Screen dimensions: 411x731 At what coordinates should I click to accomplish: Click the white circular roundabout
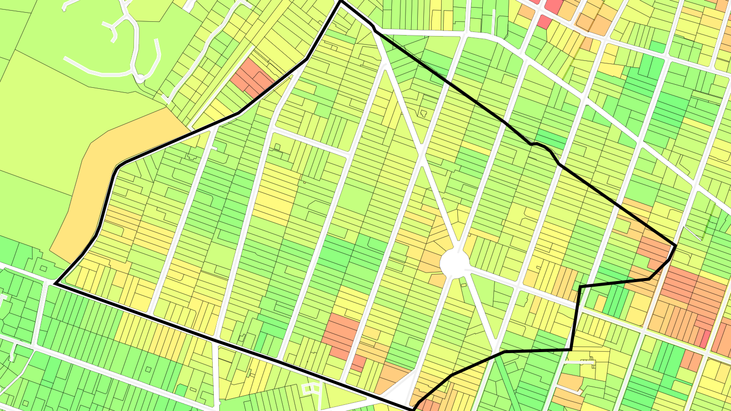455,263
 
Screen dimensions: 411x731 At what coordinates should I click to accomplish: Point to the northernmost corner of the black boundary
340,2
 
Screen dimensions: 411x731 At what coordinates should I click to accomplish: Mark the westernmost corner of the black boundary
55,284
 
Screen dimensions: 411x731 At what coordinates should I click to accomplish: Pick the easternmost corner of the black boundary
675,246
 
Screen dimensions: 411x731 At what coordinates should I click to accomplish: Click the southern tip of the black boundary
413,409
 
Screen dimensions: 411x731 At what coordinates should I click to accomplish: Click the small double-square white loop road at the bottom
312,389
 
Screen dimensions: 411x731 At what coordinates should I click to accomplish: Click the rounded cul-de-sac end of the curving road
139,78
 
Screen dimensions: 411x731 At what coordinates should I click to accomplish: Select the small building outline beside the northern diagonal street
422,112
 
